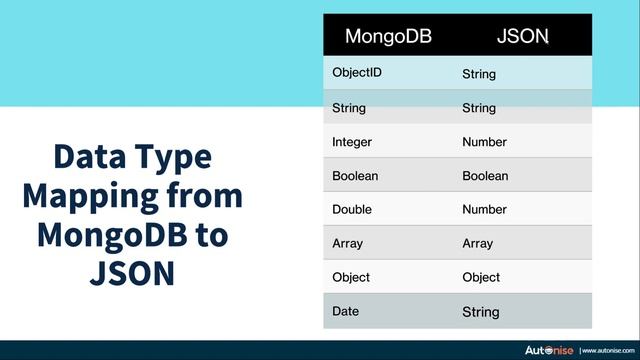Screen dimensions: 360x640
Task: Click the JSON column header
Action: [523, 37]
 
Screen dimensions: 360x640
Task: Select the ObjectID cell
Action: [356, 73]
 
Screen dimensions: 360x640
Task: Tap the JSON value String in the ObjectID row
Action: [479, 74]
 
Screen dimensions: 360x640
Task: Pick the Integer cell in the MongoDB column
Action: [352, 142]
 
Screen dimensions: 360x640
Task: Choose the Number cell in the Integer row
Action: [484, 142]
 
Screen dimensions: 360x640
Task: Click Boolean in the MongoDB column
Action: [354, 176]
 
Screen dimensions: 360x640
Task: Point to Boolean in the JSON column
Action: [485, 176]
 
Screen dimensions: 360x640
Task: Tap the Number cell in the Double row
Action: [484, 210]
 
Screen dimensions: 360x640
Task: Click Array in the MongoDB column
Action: [347, 243]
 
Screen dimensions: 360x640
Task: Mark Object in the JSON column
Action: [481, 277]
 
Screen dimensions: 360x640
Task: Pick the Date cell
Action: [345, 312]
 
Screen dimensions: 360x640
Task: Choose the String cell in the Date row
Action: [480, 312]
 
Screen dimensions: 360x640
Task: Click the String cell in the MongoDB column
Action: [349, 108]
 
